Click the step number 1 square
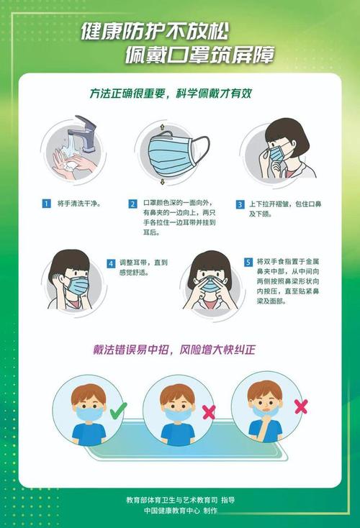click(46, 204)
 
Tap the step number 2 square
click(133, 204)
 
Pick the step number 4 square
click(112, 263)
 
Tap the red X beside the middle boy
click(209, 411)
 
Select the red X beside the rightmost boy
click(301, 406)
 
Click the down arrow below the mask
click(163, 183)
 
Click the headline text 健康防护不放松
click(168, 31)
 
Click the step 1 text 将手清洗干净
click(78, 204)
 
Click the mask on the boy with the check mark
click(88, 413)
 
